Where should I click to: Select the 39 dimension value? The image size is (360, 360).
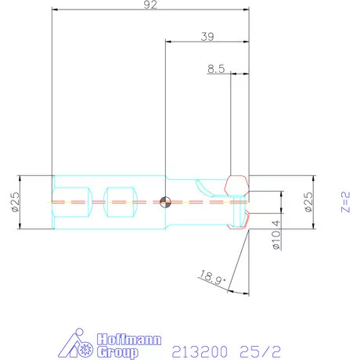pyautogui.click(x=207, y=36)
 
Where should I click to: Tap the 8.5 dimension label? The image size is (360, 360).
pyautogui.click(x=216, y=69)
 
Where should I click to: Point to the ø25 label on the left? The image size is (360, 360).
pyautogui.click(x=15, y=202)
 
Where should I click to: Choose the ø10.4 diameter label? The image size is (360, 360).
pyautogui.click(x=275, y=234)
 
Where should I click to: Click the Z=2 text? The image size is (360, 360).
pyautogui.click(x=345, y=201)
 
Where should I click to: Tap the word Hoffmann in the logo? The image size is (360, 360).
pyautogui.click(x=128, y=340)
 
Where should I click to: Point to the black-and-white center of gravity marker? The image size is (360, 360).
pyautogui.click(x=164, y=202)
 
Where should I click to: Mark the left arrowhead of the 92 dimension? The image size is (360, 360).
pyautogui.click(x=54, y=10)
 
